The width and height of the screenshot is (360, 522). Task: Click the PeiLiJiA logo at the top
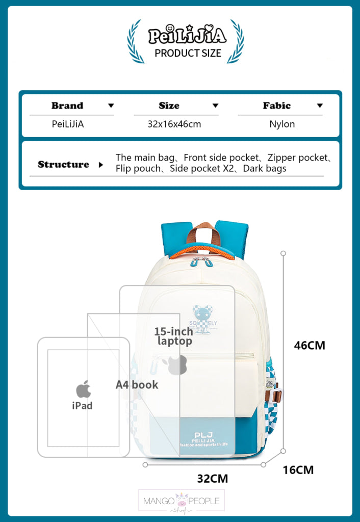187,36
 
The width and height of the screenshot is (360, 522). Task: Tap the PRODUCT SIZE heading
188,53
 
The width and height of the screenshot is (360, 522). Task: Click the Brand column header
67,106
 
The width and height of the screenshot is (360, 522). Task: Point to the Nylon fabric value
282,124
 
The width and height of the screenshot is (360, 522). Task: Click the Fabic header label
277,106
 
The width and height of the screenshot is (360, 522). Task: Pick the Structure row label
63,165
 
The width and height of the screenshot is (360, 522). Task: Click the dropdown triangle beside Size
215,106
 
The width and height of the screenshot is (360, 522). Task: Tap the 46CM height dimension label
310,345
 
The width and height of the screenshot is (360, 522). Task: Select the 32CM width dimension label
213,479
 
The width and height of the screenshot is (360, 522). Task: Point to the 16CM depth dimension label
298,469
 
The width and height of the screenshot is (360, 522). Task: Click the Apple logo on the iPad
83,389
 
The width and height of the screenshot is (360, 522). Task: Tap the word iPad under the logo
82,406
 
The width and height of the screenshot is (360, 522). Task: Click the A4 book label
137,385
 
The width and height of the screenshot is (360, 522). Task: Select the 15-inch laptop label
173,336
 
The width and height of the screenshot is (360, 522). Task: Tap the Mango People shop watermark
182,502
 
